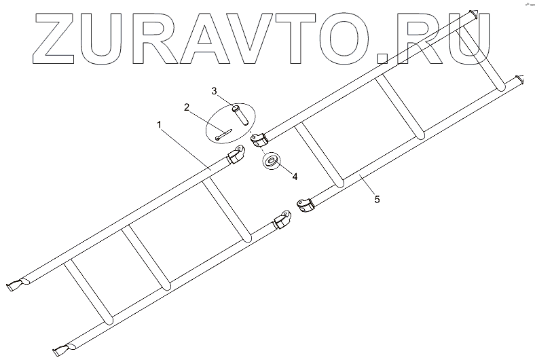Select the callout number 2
click(x=185, y=107)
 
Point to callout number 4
click(x=294, y=176)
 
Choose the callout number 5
click(x=378, y=200)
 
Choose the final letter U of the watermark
click(x=472, y=39)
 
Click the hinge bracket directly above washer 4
click(x=257, y=139)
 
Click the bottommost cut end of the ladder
click(x=62, y=349)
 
